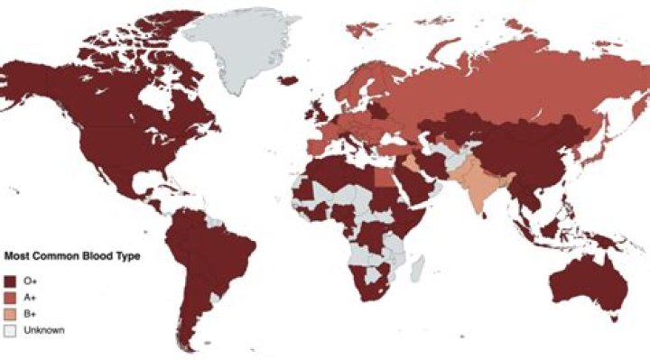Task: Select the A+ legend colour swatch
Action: (11, 296)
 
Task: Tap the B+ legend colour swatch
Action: (11, 312)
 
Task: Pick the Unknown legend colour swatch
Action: (11, 329)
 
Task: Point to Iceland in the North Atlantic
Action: (288, 80)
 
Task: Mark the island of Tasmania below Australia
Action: (614, 317)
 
